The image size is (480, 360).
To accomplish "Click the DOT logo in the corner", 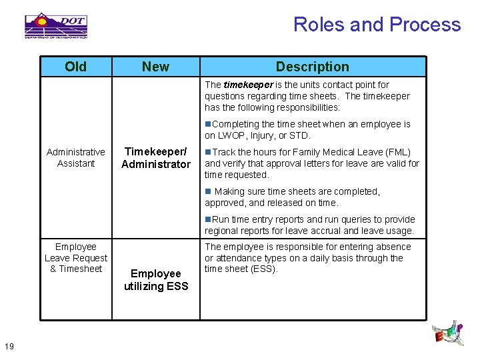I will tap(56, 25).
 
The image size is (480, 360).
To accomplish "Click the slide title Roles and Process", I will tap(377, 25).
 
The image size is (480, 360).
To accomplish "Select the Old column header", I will tap(75, 67).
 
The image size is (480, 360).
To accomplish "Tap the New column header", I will tap(155, 67).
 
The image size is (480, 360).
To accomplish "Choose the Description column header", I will tap(312, 67).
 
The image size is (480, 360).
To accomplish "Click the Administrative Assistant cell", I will tap(75, 157).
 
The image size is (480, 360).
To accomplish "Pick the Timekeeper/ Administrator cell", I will tap(156, 157).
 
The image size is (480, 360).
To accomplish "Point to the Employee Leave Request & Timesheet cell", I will tap(75, 257).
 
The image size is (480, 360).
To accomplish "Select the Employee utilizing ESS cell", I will tap(156, 279).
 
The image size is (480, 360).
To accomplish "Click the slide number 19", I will tap(9, 345).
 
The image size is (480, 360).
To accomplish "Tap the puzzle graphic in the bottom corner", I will tap(449, 335).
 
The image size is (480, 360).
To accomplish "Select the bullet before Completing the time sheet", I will tap(208, 124).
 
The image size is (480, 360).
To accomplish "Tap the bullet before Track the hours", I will tap(208, 152).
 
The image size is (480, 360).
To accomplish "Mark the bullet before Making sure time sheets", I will tap(208, 191).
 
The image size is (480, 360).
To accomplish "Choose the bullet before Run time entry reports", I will tap(208, 219).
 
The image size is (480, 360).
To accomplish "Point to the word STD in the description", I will tap(299, 135).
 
